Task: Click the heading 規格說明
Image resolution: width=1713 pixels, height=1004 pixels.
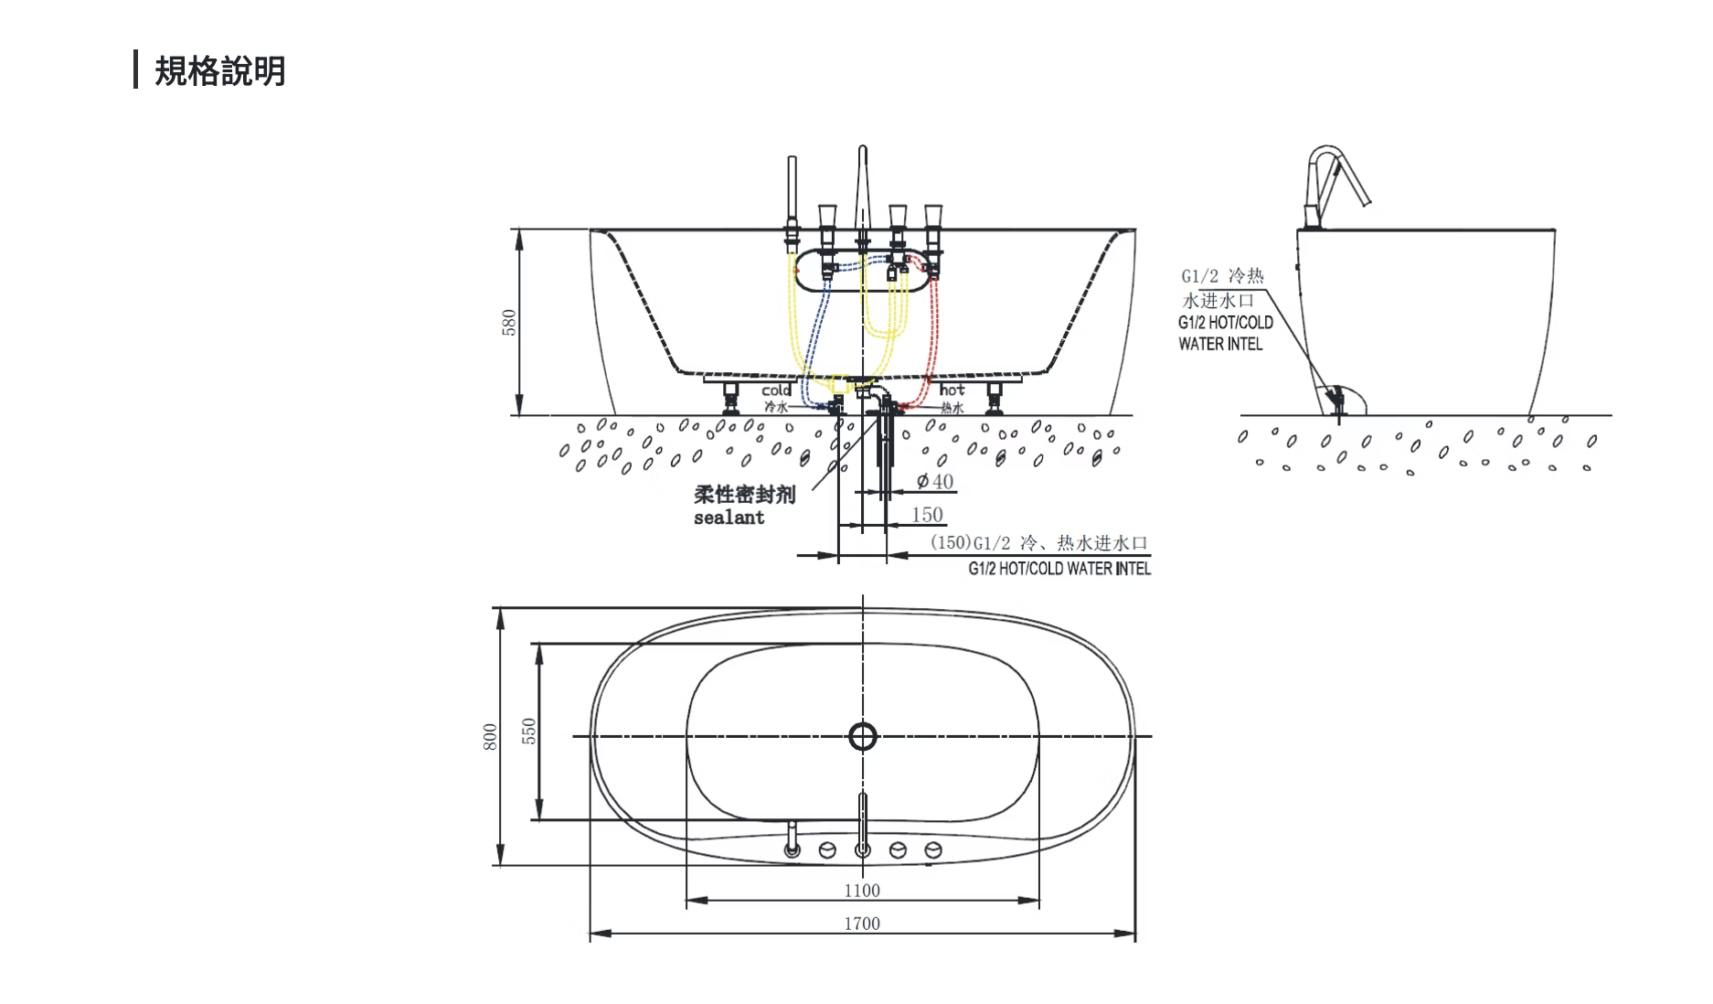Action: [220, 70]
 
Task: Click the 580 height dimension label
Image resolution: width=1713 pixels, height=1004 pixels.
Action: [509, 322]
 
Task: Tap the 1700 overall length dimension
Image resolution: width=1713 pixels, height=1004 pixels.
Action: [862, 924]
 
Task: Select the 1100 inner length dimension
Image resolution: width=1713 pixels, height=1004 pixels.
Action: [862, 891]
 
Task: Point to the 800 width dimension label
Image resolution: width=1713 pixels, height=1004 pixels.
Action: [490, 737]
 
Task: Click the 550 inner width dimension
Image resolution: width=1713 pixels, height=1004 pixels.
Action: [529, 732]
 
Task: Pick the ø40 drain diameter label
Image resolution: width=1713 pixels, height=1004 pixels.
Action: [935, 481]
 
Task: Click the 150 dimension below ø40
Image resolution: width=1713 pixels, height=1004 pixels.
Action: [927, 515]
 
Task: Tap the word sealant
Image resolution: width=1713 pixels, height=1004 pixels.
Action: [729, 518]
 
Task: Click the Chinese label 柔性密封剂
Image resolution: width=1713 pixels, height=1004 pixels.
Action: [744, 495]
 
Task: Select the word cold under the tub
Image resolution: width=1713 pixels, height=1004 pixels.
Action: [776, 390]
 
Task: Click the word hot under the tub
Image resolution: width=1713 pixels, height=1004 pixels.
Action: [952, 390]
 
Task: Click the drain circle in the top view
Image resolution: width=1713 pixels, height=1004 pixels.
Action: [863, 736]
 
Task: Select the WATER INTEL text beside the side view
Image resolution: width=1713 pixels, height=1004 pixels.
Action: [1220, 344]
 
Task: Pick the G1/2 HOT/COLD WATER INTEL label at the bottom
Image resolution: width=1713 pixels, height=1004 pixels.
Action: [1059, 569]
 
